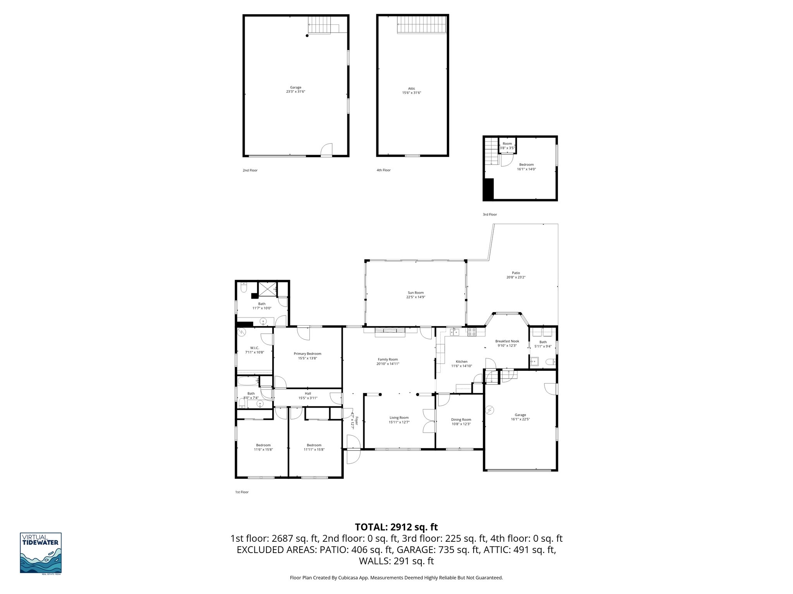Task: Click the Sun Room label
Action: tap(413, 293)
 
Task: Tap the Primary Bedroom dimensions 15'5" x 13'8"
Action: tap(307, 358)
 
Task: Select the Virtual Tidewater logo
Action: tap(41, 553)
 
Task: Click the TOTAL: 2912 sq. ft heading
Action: tap(396, 527)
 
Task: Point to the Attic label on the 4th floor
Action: tap(412, 89)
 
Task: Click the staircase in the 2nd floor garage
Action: tap(323, 26)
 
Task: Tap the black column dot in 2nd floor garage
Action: tap(307, 36)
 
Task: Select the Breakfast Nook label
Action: tap(507, 341)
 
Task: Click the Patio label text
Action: tap(516, 273)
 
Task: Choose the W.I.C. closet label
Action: tap(254, 348)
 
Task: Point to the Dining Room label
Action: tap(461, 420)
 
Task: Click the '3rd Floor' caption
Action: tap(489, 214)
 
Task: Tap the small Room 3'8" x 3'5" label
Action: tap(507, 143)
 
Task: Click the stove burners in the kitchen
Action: tap(472, 331)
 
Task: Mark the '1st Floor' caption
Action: tap(242, 492)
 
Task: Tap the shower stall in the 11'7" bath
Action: tap(268, 289)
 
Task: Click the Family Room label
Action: tap(388, 359)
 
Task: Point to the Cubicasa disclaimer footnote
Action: tap(396, 578)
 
